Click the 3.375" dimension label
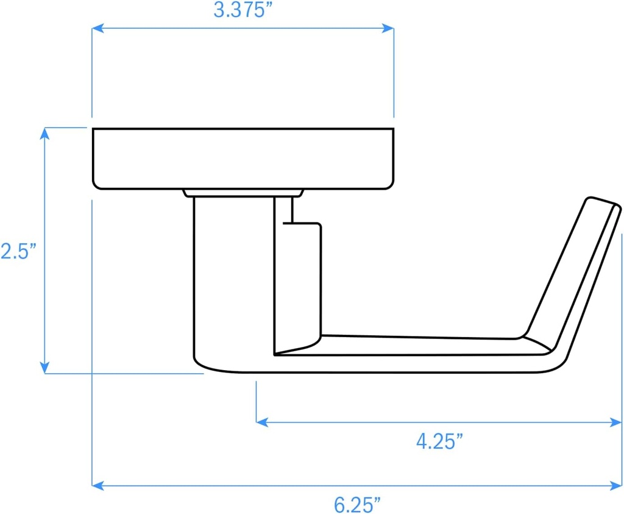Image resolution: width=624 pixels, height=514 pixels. [x=243, y=10]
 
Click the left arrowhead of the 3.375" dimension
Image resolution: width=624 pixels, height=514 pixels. [x=96, y=28]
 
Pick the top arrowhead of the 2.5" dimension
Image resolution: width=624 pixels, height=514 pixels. [x=44, y=132]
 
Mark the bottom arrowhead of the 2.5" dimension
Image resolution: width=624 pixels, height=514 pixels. [x=44, y=368]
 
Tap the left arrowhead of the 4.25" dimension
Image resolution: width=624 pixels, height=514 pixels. [x=261, y=421]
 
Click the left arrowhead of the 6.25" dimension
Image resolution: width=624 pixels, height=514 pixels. [x=96, y=486]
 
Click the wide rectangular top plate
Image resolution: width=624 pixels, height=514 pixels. [x=243, y=159]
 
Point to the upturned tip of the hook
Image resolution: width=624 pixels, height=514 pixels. [x=603, y=205]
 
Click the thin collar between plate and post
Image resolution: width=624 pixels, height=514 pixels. [x=244, y=193]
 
